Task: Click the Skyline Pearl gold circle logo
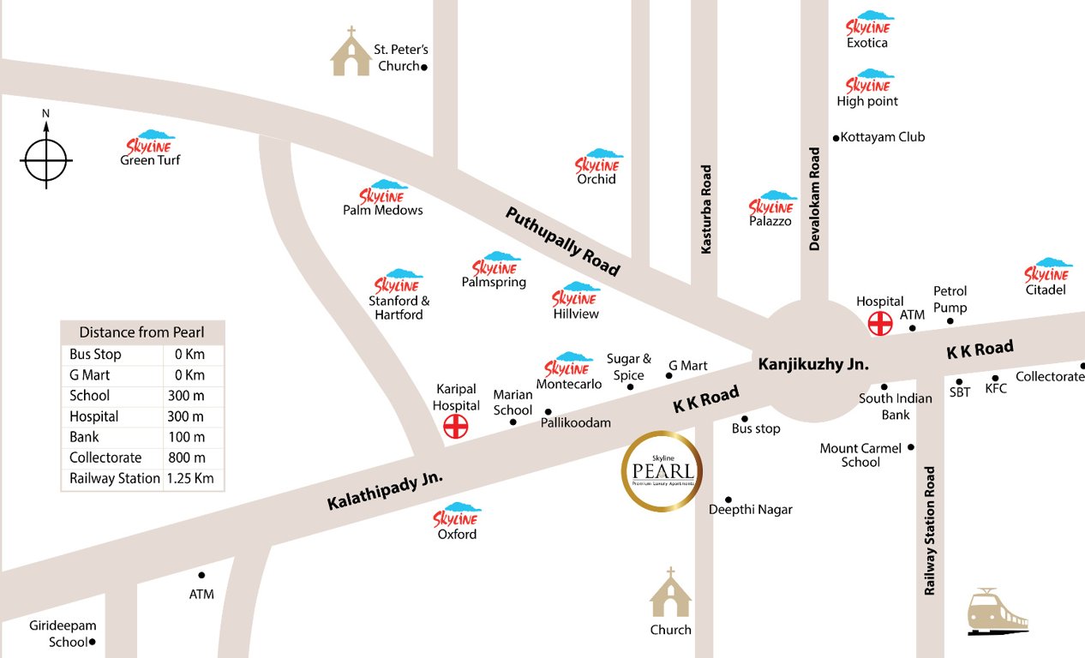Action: (662, 471)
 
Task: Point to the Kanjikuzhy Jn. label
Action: (813, 364)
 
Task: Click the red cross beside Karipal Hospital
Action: (455, 426)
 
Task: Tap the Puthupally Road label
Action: (561, 241)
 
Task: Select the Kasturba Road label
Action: (706, 210)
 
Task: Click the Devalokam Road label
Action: (814, 199)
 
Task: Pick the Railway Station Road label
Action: (930, 531)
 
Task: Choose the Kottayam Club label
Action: (883, 137)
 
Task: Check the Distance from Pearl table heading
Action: (141, 332)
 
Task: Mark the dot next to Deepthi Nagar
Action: (728, 499)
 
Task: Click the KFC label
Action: (996, 389)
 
